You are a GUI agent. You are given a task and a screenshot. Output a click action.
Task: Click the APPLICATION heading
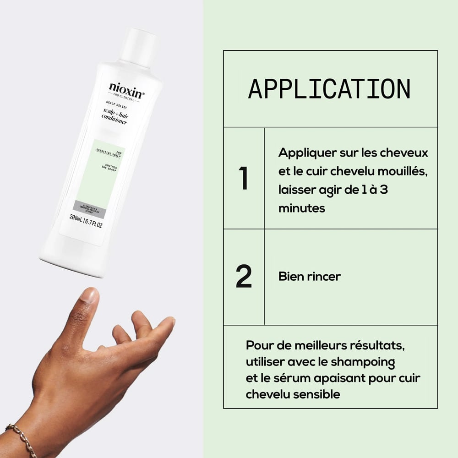coord(329,89)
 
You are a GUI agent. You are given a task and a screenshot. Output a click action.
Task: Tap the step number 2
coord(244,277)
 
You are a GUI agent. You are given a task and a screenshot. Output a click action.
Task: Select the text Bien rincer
coord(309,277)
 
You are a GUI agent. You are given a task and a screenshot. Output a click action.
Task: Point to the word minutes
coord(301,208)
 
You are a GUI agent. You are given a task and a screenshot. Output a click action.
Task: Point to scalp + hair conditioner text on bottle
coord(115,118)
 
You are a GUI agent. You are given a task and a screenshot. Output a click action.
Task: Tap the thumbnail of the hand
coord(89,294)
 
